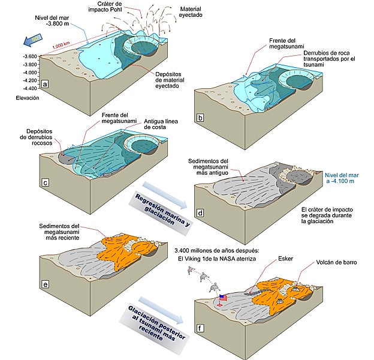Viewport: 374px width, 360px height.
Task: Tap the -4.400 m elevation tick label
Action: pyautogui.click(x=26, y=88)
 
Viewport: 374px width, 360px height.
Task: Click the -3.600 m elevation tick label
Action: pyautogui.click(x=26, y=56)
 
